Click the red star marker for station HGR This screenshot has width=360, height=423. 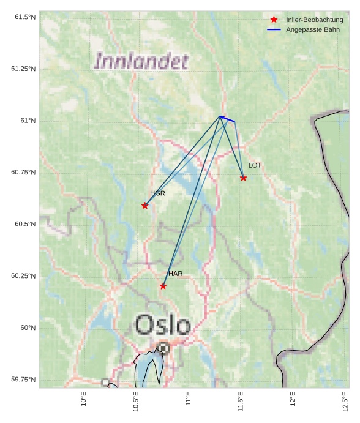point(145,206)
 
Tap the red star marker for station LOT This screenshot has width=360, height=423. point(244,178)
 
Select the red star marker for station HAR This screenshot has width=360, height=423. point(163,286)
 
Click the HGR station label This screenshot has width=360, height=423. point(157,193)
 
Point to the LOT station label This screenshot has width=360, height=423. point(255,165)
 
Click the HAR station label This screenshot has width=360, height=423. point(176,274)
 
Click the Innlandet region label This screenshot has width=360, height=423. point(141,61)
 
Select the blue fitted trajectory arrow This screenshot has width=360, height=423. point(227,119)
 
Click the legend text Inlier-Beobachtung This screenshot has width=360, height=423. point(314,20)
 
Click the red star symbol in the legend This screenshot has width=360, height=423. point(274,20)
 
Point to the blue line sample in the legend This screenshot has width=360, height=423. point(274,29)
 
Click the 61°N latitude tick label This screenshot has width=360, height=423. point(27,121)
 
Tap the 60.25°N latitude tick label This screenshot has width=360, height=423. point(23,276)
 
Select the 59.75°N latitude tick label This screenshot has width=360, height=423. point(23,380)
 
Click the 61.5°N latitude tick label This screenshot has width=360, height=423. point(25,17)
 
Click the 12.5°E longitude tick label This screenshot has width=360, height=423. point(345,402)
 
